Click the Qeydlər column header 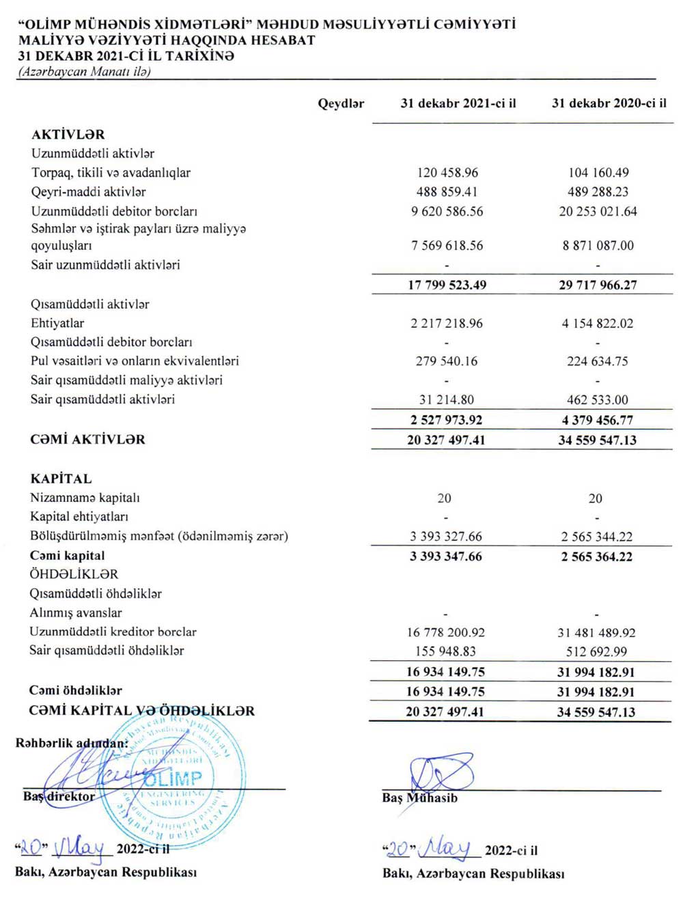341,104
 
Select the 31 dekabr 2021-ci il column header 458,104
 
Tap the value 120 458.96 447,173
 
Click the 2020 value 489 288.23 598,192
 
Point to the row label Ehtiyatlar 57,323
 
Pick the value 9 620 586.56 447,212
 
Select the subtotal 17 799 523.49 447,285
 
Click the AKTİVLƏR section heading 68,135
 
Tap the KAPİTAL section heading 61,479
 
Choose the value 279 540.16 447,361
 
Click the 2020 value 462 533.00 598,399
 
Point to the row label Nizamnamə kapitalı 85,498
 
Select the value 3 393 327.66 446,537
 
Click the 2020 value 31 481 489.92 596,633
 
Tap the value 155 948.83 445,651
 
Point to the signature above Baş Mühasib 441,774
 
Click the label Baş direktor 59,796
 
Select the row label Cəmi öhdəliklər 76,690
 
